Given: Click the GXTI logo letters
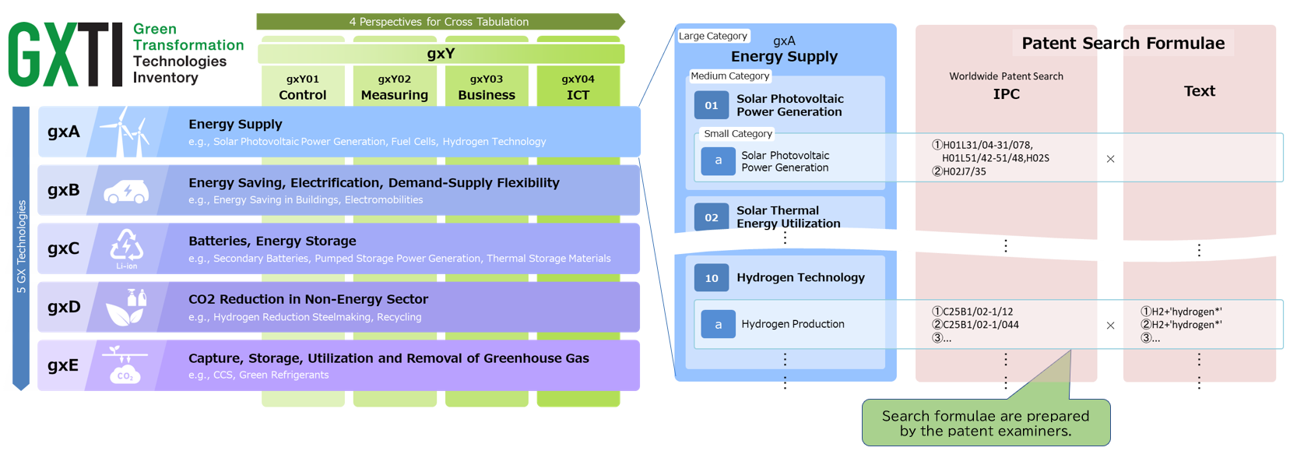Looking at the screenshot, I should pyautogui.click(x=65, y=55).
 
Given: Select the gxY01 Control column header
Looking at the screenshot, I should pyautogui.click(x=303, y=86).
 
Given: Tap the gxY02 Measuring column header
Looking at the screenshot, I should pyautogui.click(x=394, y=86).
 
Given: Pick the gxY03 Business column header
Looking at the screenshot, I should pyautogui.click(x=486, y=86).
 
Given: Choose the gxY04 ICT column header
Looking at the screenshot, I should pyautogui.click(x=578, y=86).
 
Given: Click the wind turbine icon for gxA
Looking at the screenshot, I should pyautogui.click(x=125, y=132).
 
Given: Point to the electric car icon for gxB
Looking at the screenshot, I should pyautogui.click(x=126, y=191).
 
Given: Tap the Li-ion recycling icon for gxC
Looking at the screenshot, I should pyautogui.click(x=126, y=248).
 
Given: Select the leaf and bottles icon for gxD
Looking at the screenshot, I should pyautogui.click(x=126, y=307).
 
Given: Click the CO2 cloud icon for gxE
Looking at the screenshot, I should pyautogui.click(x=125, y=365).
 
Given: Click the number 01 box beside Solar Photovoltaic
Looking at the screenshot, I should pyautogui.click(x=711, y=105).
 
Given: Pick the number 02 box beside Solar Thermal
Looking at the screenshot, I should pyautogui.click(x=711, y=217).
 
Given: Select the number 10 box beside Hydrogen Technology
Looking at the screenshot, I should pyautogui.click(x=711, y=277).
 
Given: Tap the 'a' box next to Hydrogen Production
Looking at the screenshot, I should pyautogui.click(x=718, y=324).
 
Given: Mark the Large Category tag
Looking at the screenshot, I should pyautogui.click(x=713, y=36).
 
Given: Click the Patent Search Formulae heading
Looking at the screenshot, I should pyautogui.click(x=1123, y=44).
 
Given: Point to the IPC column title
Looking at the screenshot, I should pyautogui.click(x=1006, y=93).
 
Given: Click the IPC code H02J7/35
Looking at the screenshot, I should pyautogui.click(x=964, y=171).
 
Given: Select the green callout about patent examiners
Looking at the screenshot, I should pyautogui.click(x=986, y=423).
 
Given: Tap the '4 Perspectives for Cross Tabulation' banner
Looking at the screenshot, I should pyautogui.click(x=439, y=22).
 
